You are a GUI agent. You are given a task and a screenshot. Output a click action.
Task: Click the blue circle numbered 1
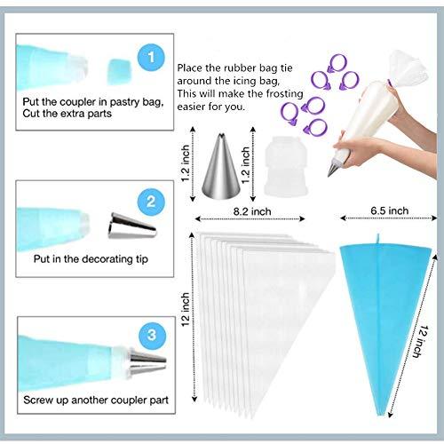click(x=152, y=59)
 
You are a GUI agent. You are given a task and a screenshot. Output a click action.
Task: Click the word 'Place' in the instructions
click(x=193, y=67)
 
